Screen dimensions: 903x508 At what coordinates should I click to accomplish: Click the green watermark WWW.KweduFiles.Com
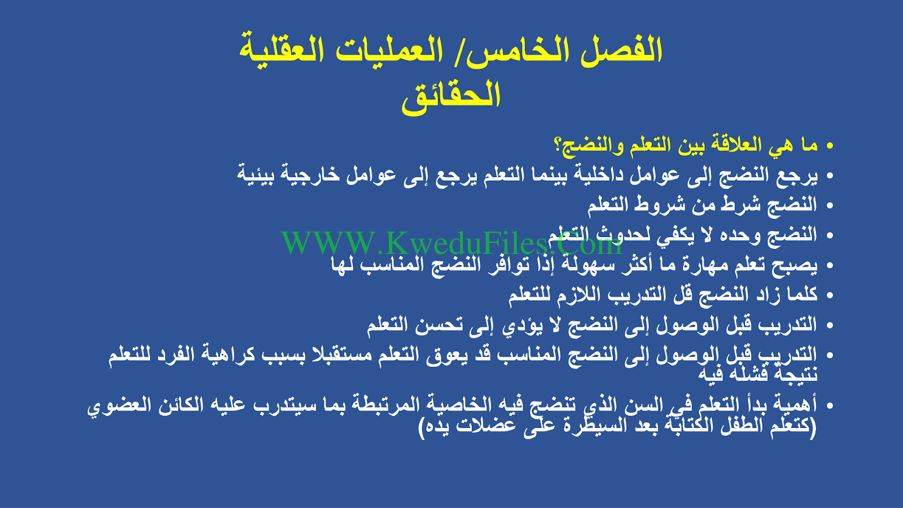[x=451, y=243]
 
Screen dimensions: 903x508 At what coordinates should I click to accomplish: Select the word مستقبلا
[x=336, y=355]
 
